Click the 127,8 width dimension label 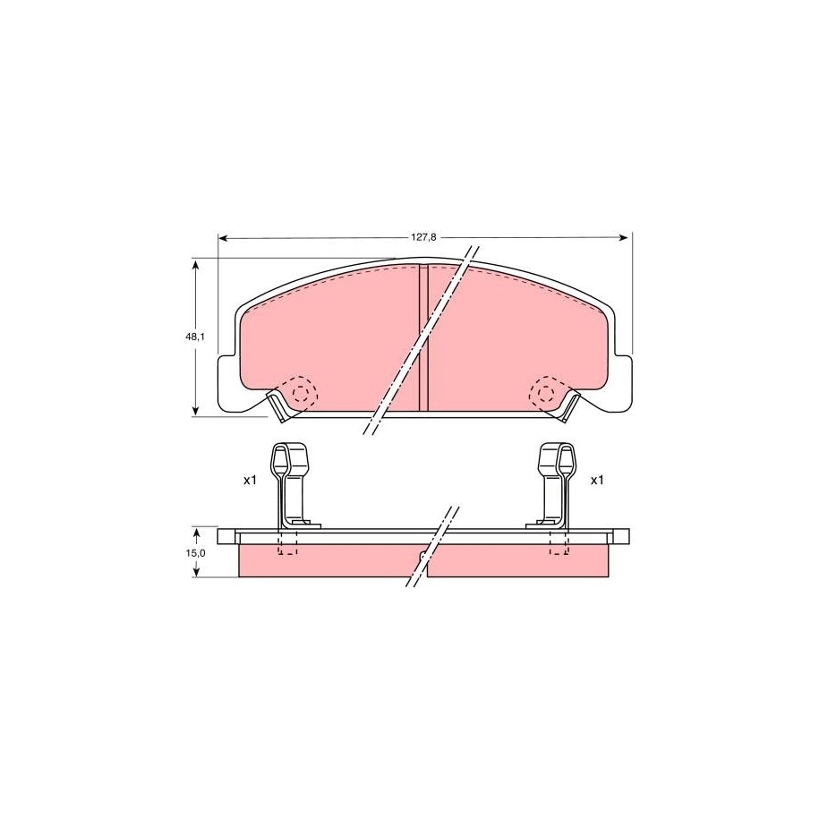[x=423, y=237]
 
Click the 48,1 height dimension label [x=194, y=337]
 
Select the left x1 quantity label [x=251, y=480]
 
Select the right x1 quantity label [x=597, y=480]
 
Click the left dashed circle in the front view [x=301, y=392]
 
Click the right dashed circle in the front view [x=546, y=392]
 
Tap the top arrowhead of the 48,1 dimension [x=196, y=265]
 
